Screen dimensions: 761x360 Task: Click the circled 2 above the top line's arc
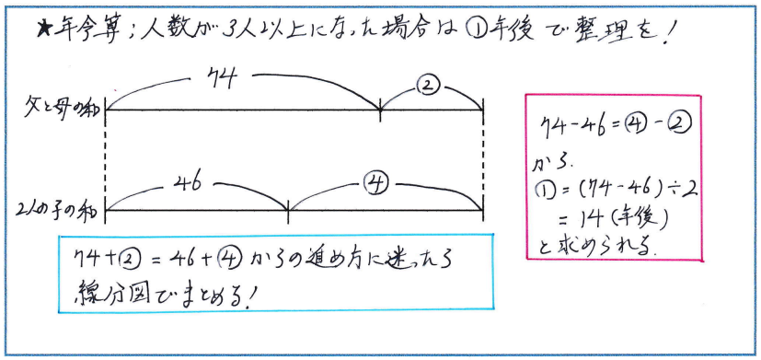(x=429, y=87)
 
